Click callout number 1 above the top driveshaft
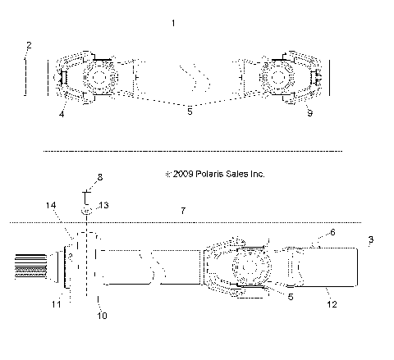172,25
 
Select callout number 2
28,44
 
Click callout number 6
332,232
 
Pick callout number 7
182,211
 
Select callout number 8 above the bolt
100,176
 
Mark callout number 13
103,204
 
